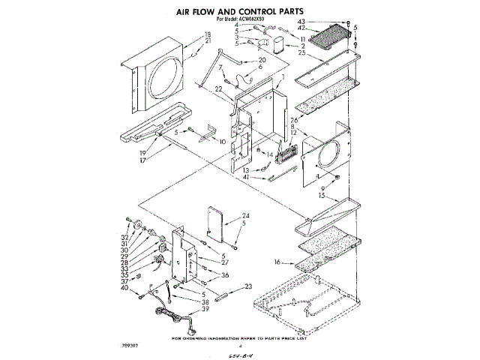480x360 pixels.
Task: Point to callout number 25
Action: (303, 53)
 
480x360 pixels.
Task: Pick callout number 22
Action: (218, 89)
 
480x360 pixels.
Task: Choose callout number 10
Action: (221, 141)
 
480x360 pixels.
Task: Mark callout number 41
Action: (244, 177)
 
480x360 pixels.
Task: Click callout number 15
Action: (321, 195)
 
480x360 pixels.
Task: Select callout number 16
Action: (277, 262)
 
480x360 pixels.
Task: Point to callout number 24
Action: (244, 216)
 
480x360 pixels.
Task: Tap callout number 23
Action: (248, 286)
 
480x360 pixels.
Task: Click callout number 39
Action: (203, 308)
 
